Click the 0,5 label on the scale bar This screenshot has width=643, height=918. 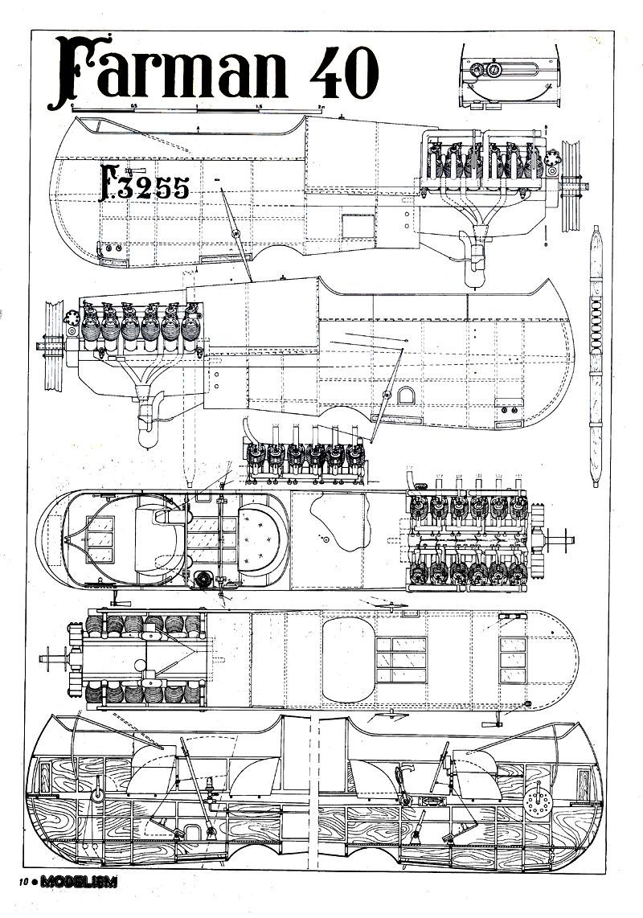(134, 105)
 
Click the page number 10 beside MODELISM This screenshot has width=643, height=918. (24, 882)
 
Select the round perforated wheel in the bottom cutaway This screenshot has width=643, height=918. (534, 801)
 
